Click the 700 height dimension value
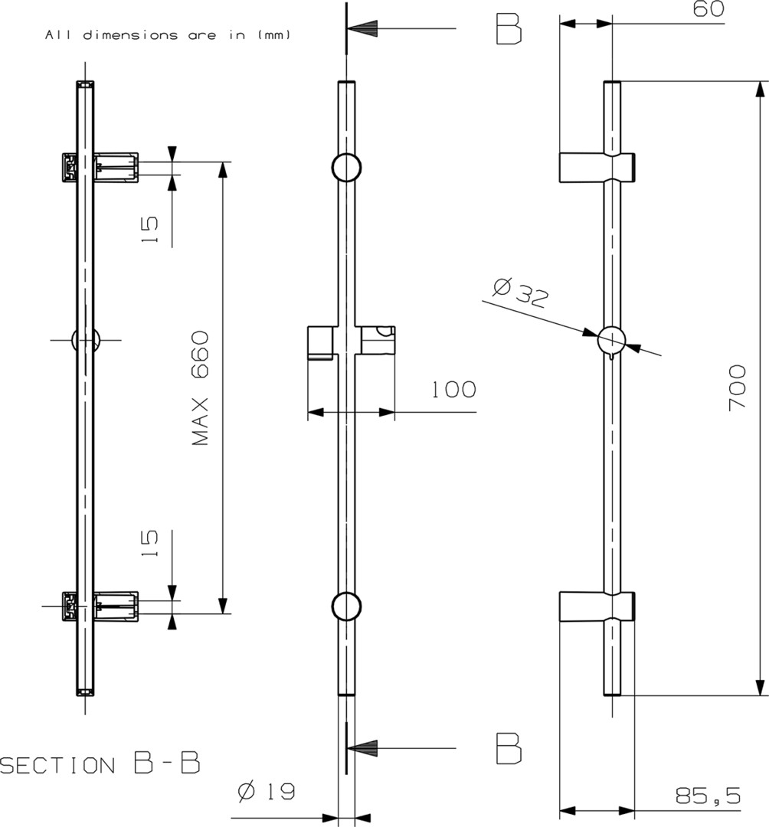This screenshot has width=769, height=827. pyautogui.click(x=737, y=387)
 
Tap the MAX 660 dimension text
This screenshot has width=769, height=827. pyautogui.click(x=201, y=388)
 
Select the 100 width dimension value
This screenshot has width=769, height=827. pyautogui.click(x=454, y=390)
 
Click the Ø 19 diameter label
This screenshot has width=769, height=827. pyautogui.click(x=267, y=792)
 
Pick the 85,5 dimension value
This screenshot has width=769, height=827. pyautogui.click(x=708, y=796)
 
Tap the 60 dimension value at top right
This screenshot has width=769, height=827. pyautogui.click(x=708, y=9)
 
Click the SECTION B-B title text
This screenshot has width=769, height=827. pyautogui.click(x=100, y=763)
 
